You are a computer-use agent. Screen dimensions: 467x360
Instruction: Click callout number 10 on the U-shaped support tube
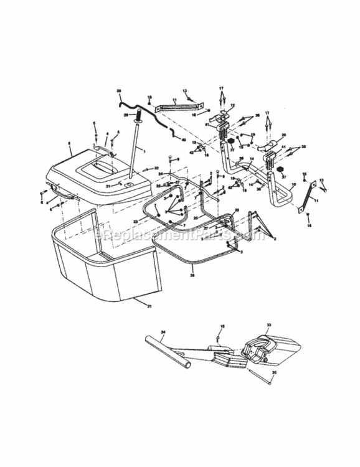coord(293,185)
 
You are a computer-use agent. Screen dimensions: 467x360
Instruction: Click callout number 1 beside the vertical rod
coord(143,151)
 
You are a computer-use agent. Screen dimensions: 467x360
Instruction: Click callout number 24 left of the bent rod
coord(160,174)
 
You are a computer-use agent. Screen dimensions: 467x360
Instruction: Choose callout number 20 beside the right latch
coord(283,135)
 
